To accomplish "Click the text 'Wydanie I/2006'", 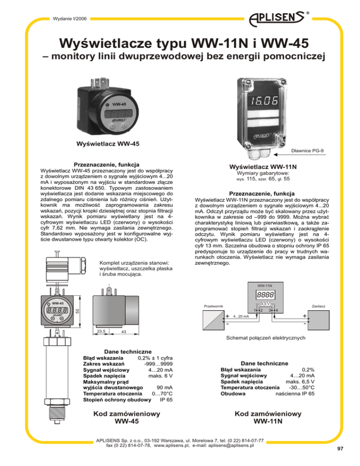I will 67,19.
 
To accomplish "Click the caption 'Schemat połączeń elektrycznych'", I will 266,351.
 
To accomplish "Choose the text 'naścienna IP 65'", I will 294,394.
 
